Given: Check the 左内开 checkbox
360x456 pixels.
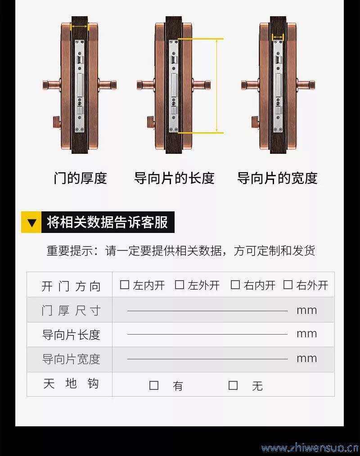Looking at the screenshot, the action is [x=125, y=284].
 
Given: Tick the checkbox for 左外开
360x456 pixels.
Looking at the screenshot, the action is [x=179, y=284].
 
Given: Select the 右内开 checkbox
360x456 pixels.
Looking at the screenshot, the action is [x=235, y=284].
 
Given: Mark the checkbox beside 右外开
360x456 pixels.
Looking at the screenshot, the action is [x=288, y=284].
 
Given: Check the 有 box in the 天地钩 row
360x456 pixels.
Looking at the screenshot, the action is [x=154, y=385].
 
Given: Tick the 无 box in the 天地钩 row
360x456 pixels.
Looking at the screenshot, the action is [x=233, y=385].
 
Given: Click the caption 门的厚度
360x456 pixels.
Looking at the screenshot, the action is [x=80, y=178].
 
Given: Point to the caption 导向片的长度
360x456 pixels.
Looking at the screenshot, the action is [x=174, y=178].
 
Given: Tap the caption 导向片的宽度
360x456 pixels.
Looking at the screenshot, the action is [x=277, y=178].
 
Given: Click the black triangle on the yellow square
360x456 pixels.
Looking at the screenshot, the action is [x=31, y=223].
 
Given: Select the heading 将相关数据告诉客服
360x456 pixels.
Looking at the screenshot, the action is [x=108, y=222].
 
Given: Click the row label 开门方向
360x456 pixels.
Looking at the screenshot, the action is [x=71, y=286].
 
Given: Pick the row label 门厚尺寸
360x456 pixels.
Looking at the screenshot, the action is [x=71, y=311].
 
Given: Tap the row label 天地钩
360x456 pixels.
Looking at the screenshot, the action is [x=71, y=384].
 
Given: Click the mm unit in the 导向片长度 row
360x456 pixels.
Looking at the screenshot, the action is [x=307, y=334].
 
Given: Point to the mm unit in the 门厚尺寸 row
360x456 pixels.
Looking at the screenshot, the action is [x=307, y=311].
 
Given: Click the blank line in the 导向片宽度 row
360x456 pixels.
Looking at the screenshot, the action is [x=207, y=359].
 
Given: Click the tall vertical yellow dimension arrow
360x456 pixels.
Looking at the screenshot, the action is [x=216, y=86].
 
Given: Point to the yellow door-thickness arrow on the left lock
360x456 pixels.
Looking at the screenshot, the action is [x=80, y=27].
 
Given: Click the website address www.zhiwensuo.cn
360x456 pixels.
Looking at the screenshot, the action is [x=310, y=448].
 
